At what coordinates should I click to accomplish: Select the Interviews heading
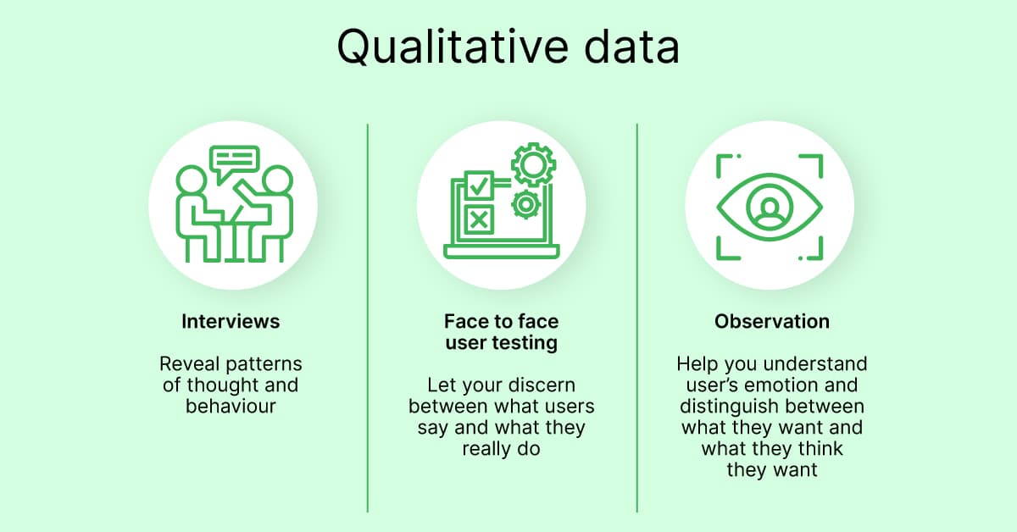pos(231,322)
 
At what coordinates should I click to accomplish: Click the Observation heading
pos(771,322)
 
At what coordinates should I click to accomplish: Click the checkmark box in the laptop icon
pos(479,184)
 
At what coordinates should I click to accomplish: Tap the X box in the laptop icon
pos(479,220)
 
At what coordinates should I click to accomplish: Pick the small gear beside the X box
pos(525,204)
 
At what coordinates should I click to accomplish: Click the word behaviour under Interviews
pos(231,406)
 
